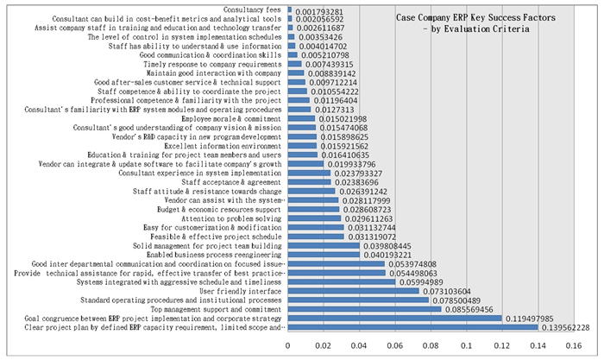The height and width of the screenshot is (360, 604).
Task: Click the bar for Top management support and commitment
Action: point(364,308)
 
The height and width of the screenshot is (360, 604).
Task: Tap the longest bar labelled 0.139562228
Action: point(412,327)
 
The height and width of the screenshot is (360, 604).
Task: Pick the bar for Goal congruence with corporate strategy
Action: point(393,318)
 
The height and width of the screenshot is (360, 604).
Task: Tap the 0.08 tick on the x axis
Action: point(430,345)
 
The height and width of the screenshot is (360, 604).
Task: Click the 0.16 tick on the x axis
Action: point(572,345)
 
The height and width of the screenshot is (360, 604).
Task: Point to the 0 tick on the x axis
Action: point(288,345)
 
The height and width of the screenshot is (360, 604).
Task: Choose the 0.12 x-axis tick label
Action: point(501,345)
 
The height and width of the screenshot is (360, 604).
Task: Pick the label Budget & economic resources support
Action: point(219,209)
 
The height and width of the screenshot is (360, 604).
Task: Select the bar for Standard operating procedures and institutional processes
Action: point(360,300)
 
